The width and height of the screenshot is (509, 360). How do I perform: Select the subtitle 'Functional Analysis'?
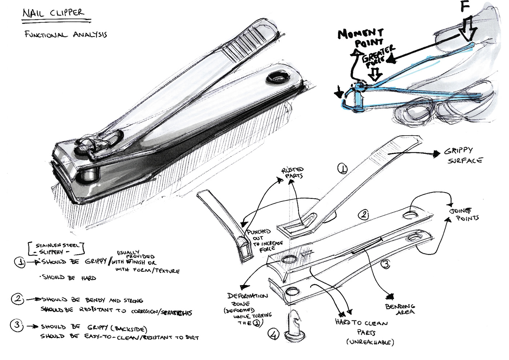65,35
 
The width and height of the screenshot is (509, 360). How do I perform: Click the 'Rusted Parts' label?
293,173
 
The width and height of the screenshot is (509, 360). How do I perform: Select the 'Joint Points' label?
464,215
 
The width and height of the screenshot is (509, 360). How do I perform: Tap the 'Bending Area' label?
400,309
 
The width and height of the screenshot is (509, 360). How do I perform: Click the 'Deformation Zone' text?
247,300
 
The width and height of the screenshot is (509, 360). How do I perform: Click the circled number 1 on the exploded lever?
342,168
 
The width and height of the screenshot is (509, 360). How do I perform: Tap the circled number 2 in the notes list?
17,299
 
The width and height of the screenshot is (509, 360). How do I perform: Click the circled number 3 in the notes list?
17,325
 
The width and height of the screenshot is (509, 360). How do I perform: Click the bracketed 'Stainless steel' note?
56,248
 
